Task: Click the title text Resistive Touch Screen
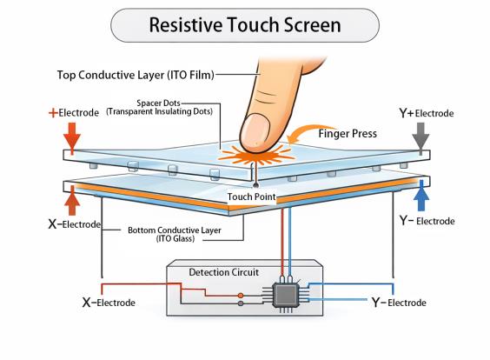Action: point(245,24)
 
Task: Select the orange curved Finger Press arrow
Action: point(304,133)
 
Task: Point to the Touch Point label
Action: point(252,197)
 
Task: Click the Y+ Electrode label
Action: point(425,113)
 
